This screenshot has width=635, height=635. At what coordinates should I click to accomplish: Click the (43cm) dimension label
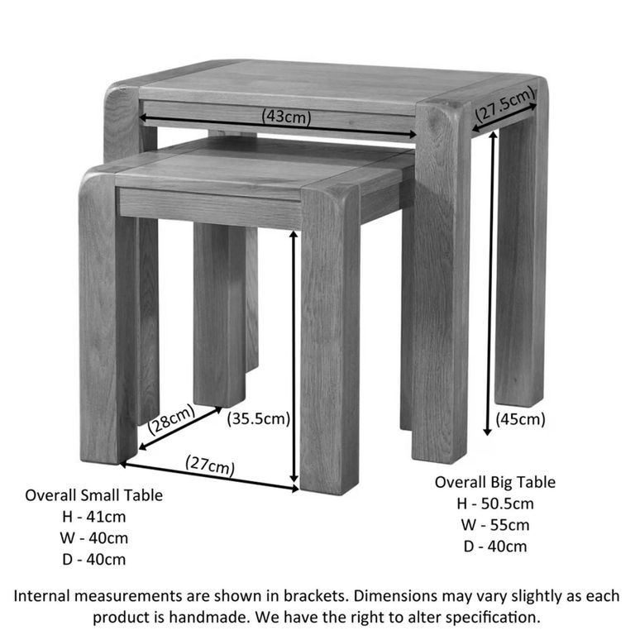[286, 117]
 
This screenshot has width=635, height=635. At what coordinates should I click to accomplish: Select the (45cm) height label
[521, 419]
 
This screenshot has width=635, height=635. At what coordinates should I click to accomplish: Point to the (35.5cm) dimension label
[259, 418]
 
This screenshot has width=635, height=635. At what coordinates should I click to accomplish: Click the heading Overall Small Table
[93, 495]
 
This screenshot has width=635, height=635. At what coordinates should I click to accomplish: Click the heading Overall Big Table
[495, 482]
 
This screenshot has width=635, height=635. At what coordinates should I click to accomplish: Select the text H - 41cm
[93, 517]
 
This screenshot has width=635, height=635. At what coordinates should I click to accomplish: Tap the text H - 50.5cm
[495, 504]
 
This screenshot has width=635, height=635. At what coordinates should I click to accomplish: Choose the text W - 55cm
[495, 524]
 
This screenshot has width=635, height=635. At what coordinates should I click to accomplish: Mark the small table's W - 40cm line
[93, 538]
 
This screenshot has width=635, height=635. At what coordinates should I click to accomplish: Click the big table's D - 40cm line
[495, 546]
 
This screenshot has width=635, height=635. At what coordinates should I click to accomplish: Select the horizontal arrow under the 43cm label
[281, 130]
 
